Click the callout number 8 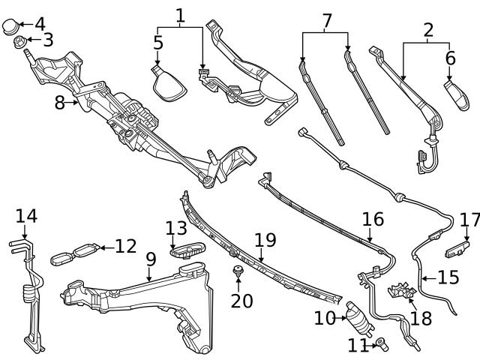pos(60,103)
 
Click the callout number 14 pos(25,216)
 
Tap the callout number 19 pos(265,241)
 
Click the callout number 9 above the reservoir pos(151,259)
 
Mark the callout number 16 pos(373,220)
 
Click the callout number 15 pos(448,277)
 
